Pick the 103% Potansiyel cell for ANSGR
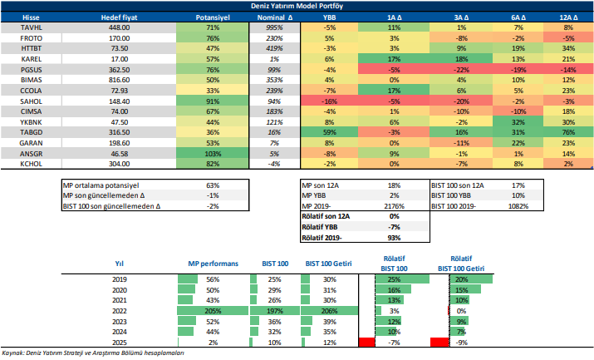coord(212,154)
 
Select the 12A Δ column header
coord(569,17)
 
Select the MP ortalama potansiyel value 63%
coord(213,185)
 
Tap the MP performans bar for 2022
coord(212,310)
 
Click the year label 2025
coord(119,342)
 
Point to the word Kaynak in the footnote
coord(13,353)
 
